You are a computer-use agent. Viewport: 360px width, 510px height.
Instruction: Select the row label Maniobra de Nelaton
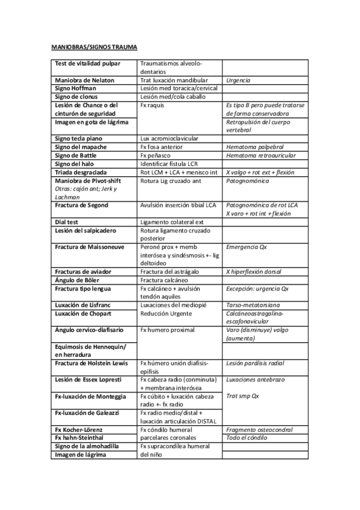coord(84,80)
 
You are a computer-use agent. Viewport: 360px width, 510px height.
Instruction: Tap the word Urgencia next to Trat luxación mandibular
coord(238,80)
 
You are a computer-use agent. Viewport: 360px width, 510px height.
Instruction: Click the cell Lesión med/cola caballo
coord(172,97)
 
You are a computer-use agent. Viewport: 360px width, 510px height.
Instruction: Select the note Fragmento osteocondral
coord(259,430)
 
